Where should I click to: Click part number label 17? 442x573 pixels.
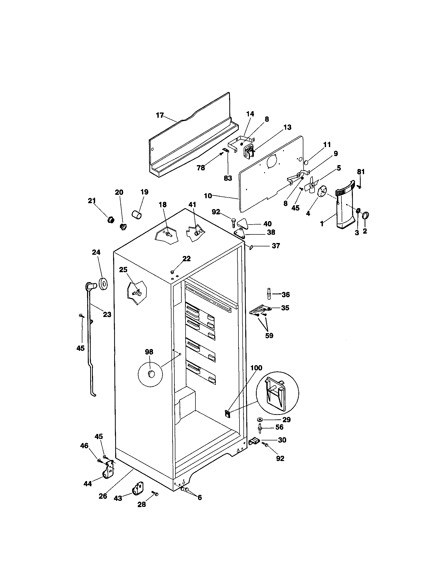click(x=159, y=115)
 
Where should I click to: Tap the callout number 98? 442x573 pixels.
click(x=149, y=352)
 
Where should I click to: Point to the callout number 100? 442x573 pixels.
click(x=256, y=368)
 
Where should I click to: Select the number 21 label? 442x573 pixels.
click(x=91, y=201)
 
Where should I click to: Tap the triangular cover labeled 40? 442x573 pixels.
click(x=243, y=223)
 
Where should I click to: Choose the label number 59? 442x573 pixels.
click(x=269, y=335)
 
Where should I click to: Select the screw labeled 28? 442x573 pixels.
click(x=155, y=494)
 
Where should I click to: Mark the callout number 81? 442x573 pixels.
click(x=361, y=172)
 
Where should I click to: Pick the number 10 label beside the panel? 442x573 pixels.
click(x=208, y=196)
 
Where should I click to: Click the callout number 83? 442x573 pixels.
click(x=228, y=178)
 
